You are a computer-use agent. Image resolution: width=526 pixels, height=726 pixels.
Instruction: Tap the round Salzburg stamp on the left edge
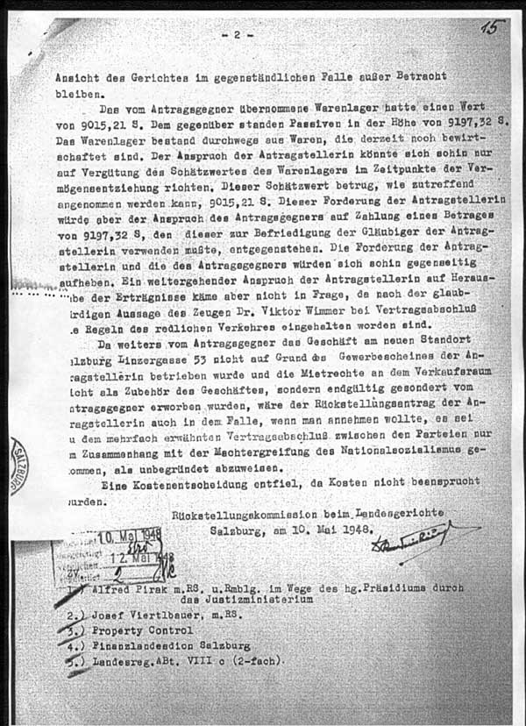tap(18, 466)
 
